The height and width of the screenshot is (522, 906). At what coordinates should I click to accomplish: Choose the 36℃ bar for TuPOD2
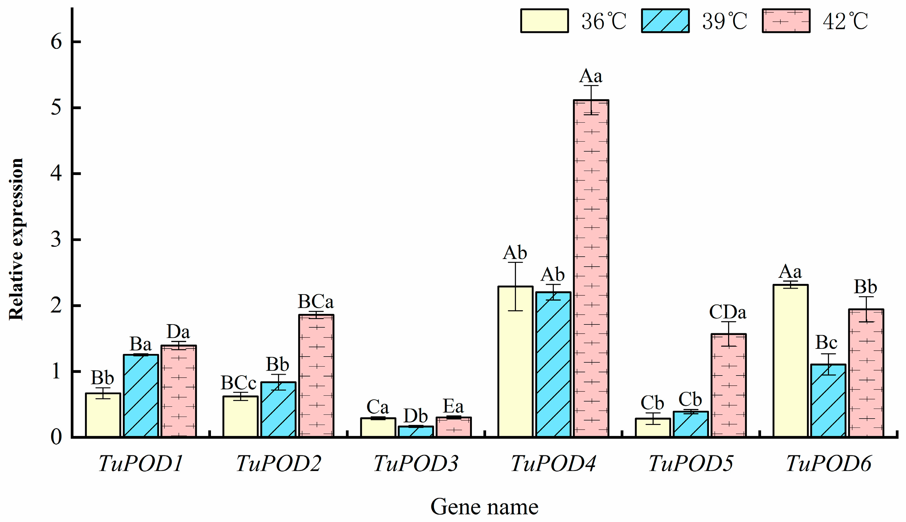coord(240,416)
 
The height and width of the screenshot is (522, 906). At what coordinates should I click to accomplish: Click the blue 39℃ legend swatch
coord(665,21)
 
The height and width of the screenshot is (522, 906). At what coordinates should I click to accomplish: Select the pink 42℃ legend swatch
coord(786,21)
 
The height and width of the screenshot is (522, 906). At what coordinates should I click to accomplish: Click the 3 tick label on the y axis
coord(56,240)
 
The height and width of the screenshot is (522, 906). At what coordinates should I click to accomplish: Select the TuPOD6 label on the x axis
coord(828,464)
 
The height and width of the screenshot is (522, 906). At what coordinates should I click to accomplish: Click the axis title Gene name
coord(484,507)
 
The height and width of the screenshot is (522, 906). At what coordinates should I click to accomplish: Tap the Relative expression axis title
coord(16,240)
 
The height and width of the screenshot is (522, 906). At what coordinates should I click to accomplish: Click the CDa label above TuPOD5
coord(727,312)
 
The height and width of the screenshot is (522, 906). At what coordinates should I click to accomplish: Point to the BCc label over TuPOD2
coord(239,383)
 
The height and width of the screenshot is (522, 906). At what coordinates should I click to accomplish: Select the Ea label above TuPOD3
coord(453,406)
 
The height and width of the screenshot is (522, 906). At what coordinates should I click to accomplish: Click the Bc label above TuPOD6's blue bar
coord(826,342)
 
